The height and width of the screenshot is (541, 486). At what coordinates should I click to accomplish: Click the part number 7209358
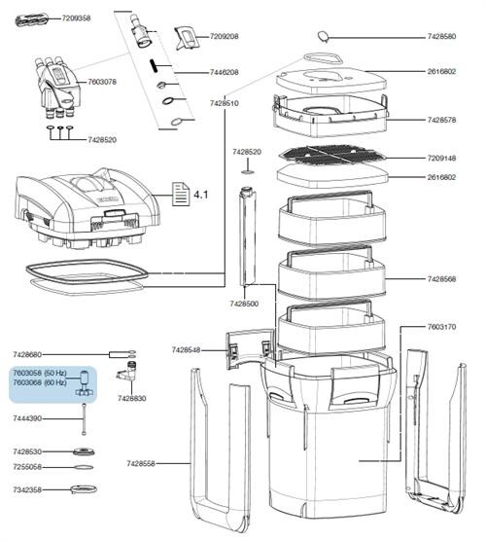pos(76,18)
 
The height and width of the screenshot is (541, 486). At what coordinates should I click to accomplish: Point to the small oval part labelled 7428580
pos(323,36)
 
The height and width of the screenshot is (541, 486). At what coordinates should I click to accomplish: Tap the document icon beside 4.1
pos(181,195)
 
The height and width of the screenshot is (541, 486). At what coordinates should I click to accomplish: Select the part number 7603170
pos(441,326)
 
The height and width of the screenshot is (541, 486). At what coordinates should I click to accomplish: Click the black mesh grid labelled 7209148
pos(332,155)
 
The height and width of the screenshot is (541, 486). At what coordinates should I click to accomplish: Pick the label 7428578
pos(441,120)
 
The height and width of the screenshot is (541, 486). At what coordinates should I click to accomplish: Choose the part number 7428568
pos(441,279)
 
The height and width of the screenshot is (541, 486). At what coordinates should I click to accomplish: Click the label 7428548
pos(186,350)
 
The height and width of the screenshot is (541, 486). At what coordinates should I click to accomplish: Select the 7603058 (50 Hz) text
pos(40,373)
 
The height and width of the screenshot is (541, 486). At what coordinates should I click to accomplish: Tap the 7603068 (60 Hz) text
pos(40,382)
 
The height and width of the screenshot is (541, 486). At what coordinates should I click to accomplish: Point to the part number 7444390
pos(27,418)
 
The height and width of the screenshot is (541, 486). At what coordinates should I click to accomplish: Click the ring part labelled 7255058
pos(84,467)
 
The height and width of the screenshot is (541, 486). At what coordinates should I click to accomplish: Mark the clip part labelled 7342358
pos(84,488)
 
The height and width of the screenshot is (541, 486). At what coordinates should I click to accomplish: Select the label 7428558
pos(141,463)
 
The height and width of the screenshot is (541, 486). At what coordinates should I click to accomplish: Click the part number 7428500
pos(244,304)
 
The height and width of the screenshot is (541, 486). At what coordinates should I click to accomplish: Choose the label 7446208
pos(224,72)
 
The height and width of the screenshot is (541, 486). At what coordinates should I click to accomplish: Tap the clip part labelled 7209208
pos(188,38)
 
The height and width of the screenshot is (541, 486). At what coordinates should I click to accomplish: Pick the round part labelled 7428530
pos(84,451)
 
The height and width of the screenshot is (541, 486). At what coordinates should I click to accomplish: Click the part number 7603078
pos(102,82)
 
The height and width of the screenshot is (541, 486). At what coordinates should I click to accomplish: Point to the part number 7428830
pos(131,398)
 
